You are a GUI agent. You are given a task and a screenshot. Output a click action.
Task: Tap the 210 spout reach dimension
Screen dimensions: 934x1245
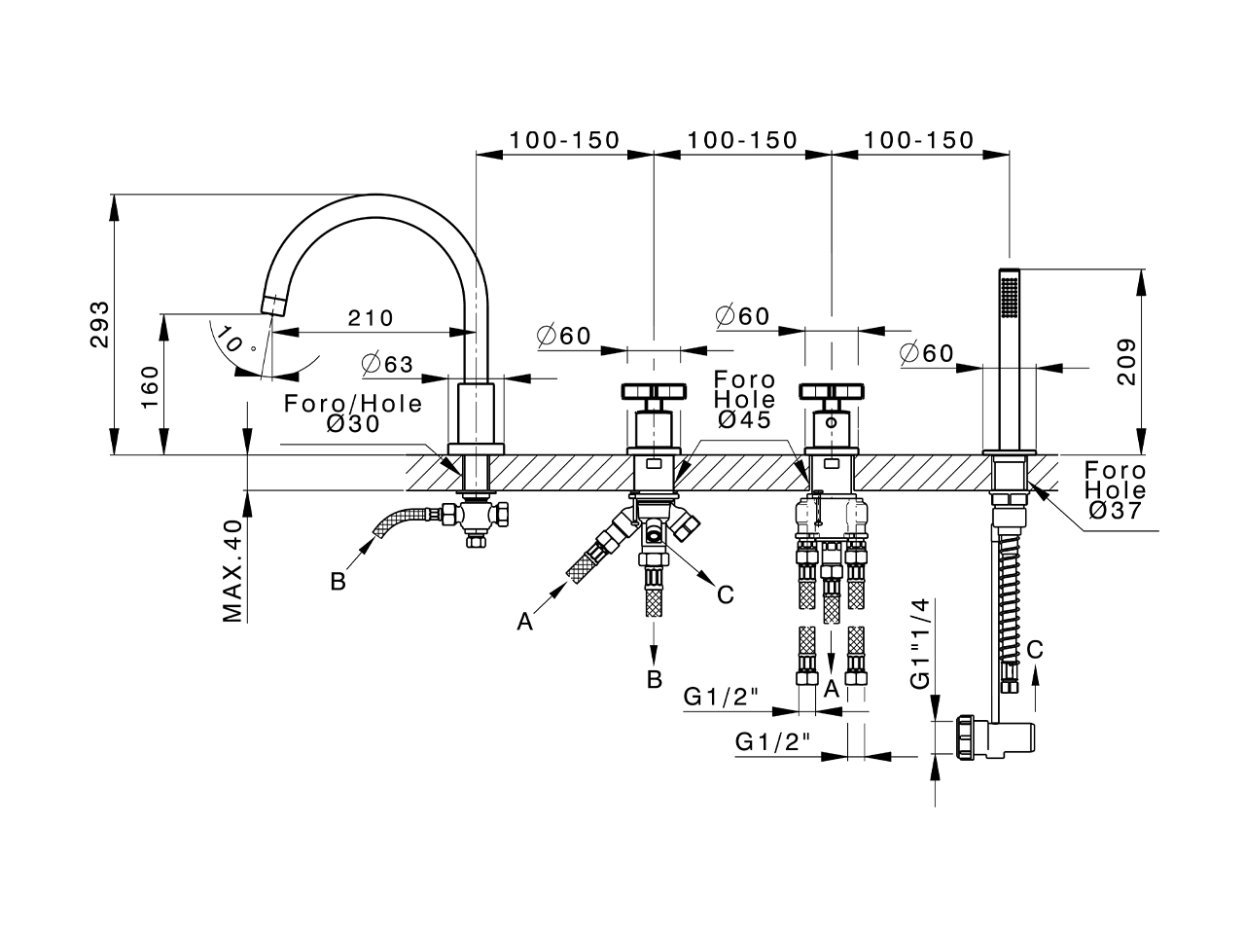click(x=370, y=318)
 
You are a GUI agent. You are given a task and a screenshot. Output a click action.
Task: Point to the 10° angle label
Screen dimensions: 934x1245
click(x=236, y=341)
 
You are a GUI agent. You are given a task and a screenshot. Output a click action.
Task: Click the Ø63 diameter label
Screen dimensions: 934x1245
click(x=387, y=365)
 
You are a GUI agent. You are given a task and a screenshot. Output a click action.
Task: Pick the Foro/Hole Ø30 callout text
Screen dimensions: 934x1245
click(x=353, y=414)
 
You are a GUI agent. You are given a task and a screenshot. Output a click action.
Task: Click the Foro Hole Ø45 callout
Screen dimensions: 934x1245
click(x=744, y=399)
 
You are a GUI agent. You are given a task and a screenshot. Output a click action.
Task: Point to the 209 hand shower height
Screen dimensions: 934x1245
click(x=1126, y=361)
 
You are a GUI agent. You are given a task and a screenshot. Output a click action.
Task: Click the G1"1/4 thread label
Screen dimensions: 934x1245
click(x=921, y=644)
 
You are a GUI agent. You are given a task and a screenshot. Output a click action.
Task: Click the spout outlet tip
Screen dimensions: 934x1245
click(x=271, y=305)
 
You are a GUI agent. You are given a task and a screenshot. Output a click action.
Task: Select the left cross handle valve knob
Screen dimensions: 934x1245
click(x=654, y=392)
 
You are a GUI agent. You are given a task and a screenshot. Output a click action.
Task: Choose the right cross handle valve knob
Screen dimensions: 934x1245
click(x=832, y=392)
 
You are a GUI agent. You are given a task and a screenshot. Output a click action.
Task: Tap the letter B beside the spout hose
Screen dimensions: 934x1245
click(x=338, y=582)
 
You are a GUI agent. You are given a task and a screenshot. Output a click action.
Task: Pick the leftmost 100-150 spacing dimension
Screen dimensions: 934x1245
click(x=564, y=140)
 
